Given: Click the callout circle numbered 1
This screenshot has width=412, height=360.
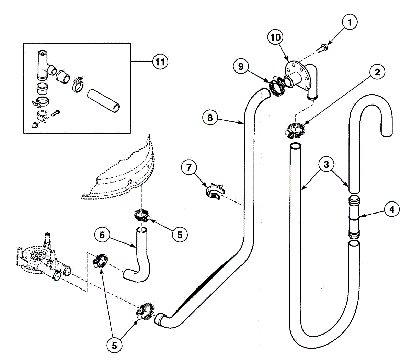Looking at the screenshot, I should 350,22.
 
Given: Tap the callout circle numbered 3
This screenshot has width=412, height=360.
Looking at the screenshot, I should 326,164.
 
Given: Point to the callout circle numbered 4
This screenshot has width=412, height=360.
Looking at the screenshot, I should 392,209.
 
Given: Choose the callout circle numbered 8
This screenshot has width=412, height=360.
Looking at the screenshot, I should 210,118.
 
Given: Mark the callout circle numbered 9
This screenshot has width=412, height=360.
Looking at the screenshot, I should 241,67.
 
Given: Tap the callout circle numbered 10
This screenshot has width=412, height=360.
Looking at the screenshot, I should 275,37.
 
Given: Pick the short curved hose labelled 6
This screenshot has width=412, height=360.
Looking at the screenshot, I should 140,256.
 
